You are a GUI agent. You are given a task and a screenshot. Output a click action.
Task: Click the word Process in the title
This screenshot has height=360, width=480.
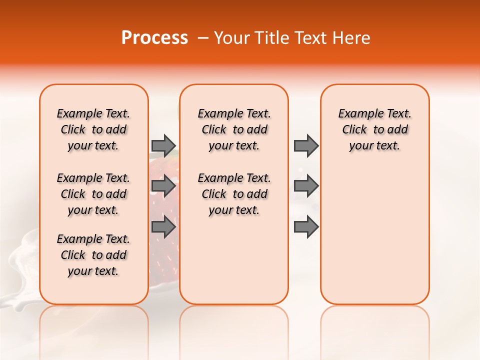click(154, 38)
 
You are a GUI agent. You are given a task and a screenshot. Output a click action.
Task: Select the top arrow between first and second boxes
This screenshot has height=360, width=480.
click(163, 145)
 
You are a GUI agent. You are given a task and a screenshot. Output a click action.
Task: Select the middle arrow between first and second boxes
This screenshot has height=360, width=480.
click(163, 186)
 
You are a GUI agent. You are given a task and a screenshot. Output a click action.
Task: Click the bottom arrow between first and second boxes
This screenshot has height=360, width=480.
click(163, 227)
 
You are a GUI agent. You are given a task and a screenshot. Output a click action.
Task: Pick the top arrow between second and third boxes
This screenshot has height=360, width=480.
click(306, 145)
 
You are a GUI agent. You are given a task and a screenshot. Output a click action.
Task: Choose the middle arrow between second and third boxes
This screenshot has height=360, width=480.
click(306, 186)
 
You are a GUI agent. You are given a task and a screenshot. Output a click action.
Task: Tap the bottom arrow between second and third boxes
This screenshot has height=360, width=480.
click(306, 227)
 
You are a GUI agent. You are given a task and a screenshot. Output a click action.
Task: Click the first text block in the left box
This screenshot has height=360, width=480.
click(93, 129)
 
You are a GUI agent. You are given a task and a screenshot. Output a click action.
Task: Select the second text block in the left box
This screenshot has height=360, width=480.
click(93, 194)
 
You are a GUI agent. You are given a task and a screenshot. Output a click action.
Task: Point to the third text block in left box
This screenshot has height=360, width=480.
click(93, 255)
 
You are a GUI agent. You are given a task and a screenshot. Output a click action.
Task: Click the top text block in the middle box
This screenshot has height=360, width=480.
click(234, 129)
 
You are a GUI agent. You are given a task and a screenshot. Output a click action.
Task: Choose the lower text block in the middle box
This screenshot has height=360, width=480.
click(234, 194)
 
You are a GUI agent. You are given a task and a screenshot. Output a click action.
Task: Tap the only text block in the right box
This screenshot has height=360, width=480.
click(374, 129)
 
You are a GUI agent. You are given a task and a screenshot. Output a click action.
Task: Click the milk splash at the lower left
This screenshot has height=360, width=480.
click(20, 285)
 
